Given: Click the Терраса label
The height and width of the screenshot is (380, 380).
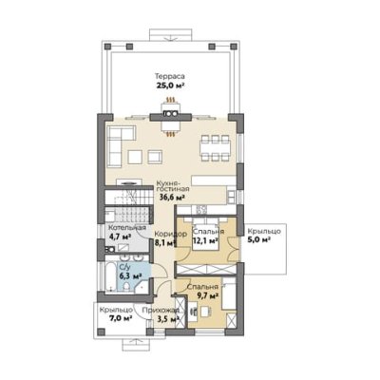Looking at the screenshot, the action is (x=170, y=76).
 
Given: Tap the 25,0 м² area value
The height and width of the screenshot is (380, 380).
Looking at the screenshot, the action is (x=170, y=85).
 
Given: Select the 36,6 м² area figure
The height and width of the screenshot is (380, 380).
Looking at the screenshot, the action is (x=172, y=198).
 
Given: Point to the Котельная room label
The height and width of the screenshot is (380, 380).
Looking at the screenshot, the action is (x=127, y=228).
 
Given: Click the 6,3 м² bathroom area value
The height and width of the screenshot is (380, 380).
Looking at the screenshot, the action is (x=130, y=275).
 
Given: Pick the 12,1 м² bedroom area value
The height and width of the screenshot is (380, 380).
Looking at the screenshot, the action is (x=205, y=240).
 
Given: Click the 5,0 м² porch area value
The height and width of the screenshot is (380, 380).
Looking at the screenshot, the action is (x=258, y=239).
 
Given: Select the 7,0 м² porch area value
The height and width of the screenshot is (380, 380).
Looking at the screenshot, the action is (x=121, y=317).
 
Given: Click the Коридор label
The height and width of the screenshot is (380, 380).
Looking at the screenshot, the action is (x=171, y=234).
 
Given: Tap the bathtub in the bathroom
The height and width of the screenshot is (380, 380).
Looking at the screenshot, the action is (x=111, y=277).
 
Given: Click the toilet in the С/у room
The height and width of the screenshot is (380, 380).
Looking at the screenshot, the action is (x=126, y=287).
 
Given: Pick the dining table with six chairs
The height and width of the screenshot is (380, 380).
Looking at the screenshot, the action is (x=216, y=148).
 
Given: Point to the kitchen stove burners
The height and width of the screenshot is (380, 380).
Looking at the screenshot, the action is (x=201, y=209).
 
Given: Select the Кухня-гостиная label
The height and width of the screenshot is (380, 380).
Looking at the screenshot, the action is (x=173, y=186).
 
